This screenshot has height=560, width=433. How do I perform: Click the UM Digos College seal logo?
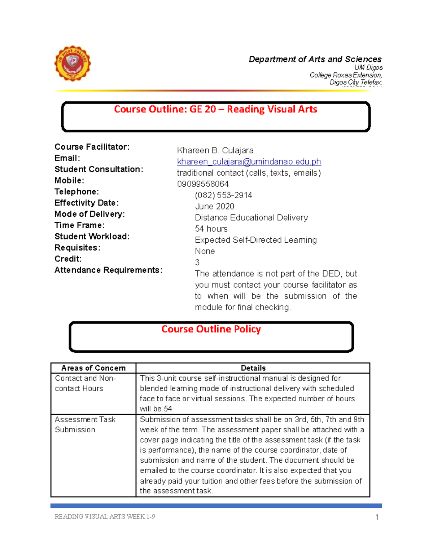(72, 63)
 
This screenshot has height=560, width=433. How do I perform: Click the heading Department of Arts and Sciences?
(315, 59)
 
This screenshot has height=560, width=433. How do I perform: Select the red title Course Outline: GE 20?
(215, 109)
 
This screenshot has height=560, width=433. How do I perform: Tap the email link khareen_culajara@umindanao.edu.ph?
(249, 162)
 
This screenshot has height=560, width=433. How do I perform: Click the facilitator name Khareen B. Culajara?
(215, 150)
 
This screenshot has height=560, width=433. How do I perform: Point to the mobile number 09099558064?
(203, 184)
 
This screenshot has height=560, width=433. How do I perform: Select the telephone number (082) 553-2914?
(223, 195)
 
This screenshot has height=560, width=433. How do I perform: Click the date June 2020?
(214, 206)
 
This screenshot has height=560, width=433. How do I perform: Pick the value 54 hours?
(211, 229)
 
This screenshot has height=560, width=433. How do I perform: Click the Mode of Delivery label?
(89, 214)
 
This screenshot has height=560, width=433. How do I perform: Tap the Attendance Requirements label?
(108, 270)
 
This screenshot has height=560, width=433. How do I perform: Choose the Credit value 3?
(197, 262)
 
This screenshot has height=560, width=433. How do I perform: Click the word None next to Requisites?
(205, 251)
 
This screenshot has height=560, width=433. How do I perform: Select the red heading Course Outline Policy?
(211, 329)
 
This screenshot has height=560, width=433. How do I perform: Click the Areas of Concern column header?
(93, 368)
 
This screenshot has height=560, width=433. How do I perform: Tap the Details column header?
(253, 368)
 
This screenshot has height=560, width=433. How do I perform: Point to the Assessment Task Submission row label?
(85, 424)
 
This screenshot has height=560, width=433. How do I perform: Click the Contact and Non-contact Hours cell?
(85, 383)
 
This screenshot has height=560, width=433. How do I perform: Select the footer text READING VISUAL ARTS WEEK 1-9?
(105, 516)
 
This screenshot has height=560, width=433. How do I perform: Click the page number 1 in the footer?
(377, 517)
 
